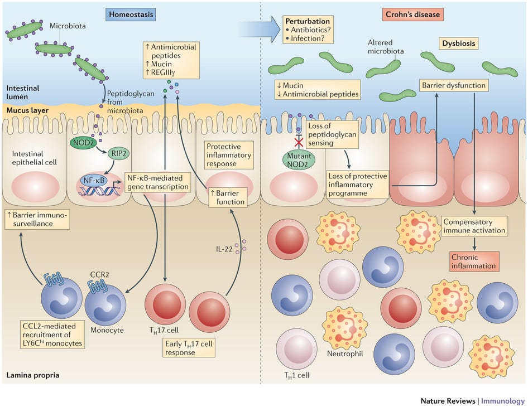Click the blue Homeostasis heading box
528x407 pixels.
coord(131,14)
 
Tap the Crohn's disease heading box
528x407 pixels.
coord(412,14)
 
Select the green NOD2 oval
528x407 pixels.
coord(83,143)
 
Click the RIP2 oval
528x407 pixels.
coord(118,154)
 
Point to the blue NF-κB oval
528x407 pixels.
coord(94,181)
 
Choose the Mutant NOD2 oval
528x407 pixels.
coord(299,161)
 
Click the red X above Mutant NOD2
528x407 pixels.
coord(299,143)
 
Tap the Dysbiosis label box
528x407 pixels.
coord(459,43)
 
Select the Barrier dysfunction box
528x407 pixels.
coord(454,85)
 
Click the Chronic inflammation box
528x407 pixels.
coord(474,261)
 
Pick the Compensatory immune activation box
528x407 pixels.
coord(474,226)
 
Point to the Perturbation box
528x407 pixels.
coord(308,30)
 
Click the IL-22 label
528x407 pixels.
coord(224,249)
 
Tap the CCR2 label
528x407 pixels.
coord(100,275)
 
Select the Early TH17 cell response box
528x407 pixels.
coord(189,348)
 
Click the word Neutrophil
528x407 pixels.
coord(345,353)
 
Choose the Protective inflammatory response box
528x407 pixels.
coord(229,155)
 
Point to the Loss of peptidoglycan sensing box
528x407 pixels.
coord(332,134)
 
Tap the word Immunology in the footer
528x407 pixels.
coord(503,401)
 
